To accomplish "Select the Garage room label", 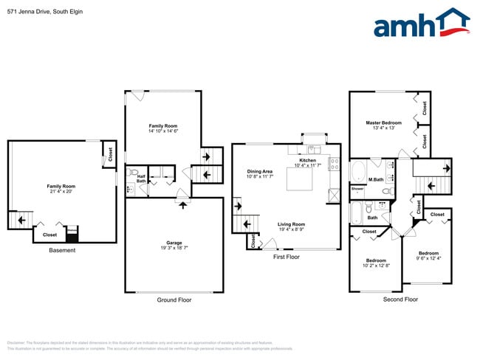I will [x=174, y=243].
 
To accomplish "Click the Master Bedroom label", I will [x=383, y=122].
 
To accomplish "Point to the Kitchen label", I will [x=307, y=160].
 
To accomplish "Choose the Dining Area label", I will [x=259, y=171].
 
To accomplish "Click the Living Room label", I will [x=291, y=224].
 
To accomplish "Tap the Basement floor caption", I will [x=61, y=250].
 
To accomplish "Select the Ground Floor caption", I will [x=174, y=300].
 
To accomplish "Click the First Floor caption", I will [x=287, y=257].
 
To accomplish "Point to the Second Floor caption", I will [x=401, y=300].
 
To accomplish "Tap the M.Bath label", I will [x=377, y=179].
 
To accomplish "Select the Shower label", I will [x=357, y=189].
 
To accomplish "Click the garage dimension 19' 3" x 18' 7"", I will [x=174, y=249].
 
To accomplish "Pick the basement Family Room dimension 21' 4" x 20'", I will [x=61, y=191].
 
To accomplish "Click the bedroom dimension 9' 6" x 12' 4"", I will [x=428, y=257].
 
